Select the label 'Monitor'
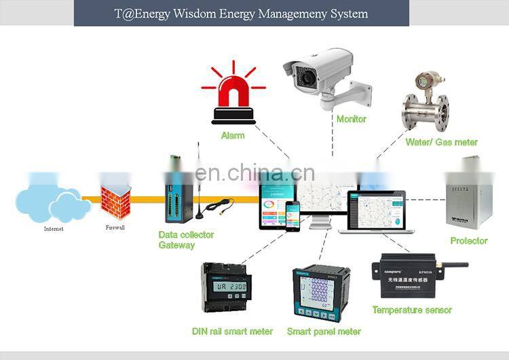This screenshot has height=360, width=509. (x=351, y=119)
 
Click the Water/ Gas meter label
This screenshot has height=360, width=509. (x=441, y=142)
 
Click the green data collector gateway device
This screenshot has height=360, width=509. (x=175, y=194)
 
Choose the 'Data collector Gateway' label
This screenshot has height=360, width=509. (x=185, y=240)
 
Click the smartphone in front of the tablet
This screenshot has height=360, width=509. (x=292, y=216)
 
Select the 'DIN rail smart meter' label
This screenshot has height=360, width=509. (x=231, y=331)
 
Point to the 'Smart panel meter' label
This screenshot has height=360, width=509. (x=324, y=331)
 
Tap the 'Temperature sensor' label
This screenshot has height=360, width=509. (x=411, y=310)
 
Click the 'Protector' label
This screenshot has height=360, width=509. (x=468, y=241)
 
